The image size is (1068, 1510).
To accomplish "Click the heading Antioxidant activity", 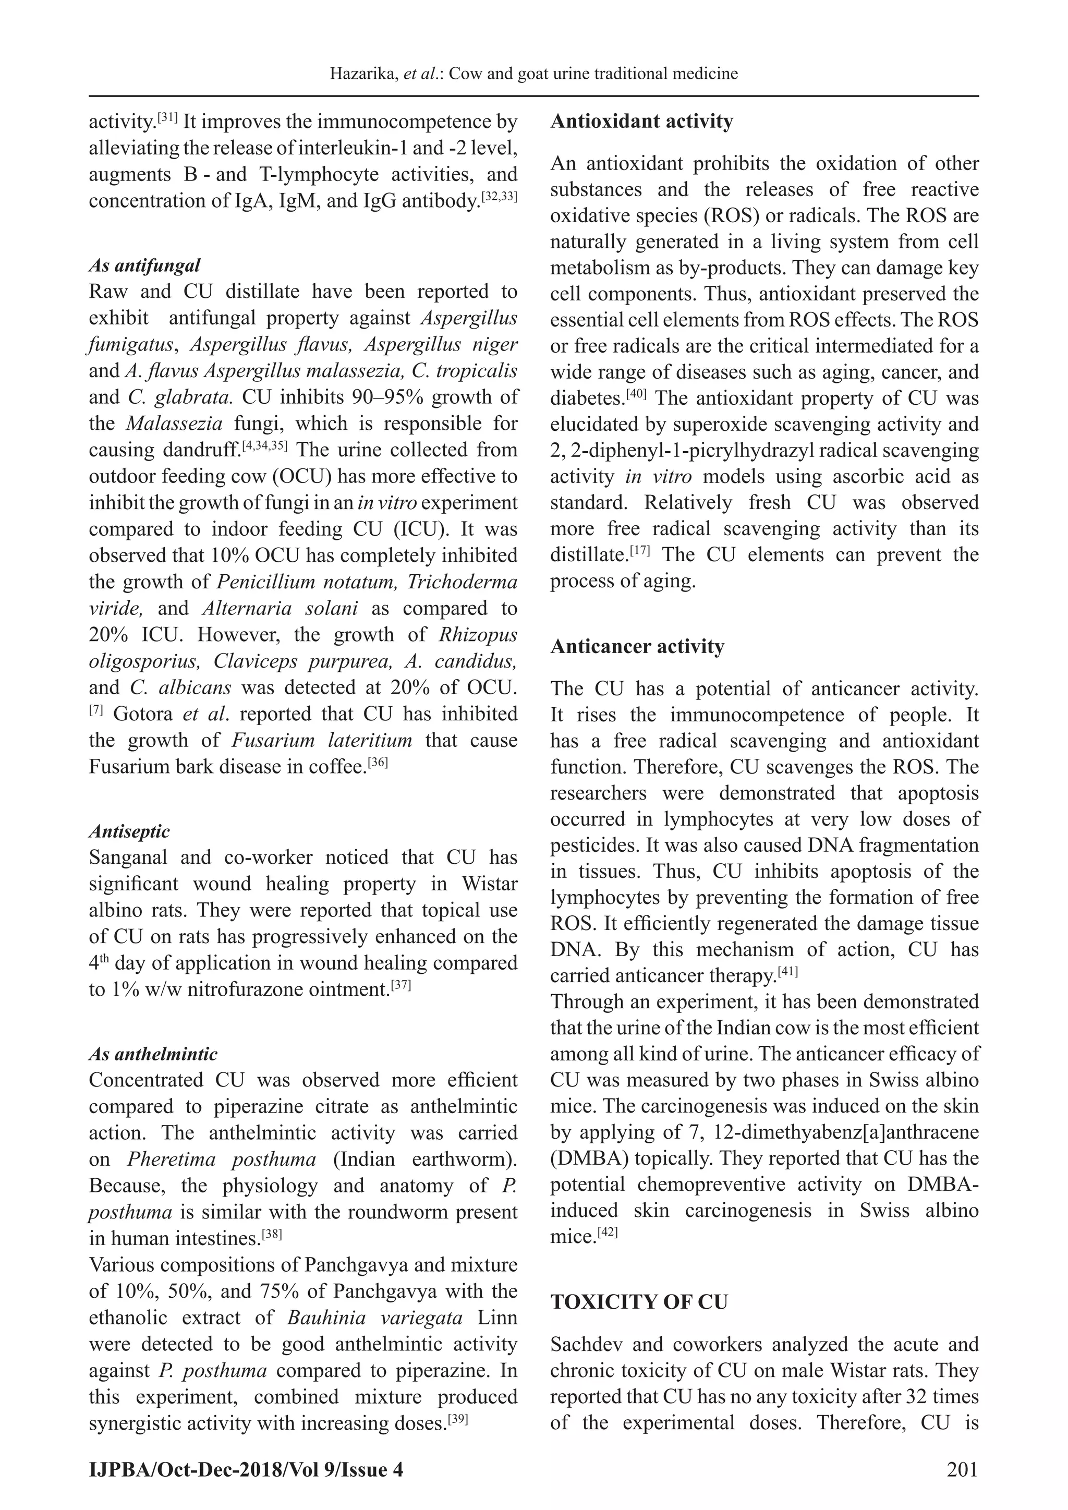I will point(641,122).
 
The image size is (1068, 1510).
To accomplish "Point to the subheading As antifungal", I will point(144,265).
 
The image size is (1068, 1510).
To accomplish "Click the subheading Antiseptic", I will point(129,831).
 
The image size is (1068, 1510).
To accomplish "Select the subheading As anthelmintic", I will point(153,1054).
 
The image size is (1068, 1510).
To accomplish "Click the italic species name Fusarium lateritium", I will point(322,740).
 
